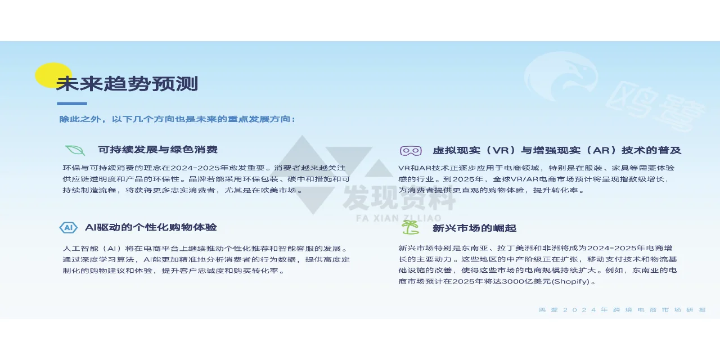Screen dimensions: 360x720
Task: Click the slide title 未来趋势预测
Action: tap(127, 84)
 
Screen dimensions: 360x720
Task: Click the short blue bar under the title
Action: tap(72, 103)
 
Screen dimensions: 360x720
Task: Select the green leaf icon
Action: tap(75, 150)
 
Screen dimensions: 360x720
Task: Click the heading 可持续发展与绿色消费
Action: tap(157, 150)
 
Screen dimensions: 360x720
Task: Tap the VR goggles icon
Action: tap(411, 151)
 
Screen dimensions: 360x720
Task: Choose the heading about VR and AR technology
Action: tap(557, 150)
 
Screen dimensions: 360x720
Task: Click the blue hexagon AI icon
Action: tap(68, 228)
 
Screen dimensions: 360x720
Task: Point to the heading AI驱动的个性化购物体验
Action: tap(151, 228)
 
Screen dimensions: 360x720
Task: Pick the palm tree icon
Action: tap(410, 227)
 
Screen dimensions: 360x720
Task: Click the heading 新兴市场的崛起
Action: tap(474, 228)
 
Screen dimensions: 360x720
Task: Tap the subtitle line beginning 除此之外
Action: tap(177, 119)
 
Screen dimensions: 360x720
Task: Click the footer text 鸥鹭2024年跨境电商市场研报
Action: tap(622, 310)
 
